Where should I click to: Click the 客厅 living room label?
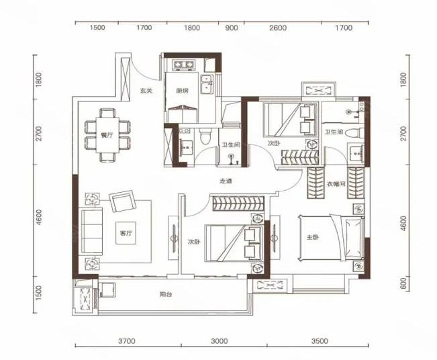126,234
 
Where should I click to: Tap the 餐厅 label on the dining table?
107,135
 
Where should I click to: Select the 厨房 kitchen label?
183,91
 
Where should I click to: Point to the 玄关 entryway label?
146,91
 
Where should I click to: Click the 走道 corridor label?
226,181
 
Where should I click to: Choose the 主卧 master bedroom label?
313,237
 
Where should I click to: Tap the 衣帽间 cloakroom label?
336,184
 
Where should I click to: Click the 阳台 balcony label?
166,294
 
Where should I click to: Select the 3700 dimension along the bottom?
127,341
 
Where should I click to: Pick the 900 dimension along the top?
232,28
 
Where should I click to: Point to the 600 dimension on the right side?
403,283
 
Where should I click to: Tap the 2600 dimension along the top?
278,28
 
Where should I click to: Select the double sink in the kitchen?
206,84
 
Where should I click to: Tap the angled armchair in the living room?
123,201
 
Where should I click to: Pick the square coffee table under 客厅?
126,233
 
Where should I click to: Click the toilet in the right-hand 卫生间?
354,133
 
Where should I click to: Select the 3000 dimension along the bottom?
220,341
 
